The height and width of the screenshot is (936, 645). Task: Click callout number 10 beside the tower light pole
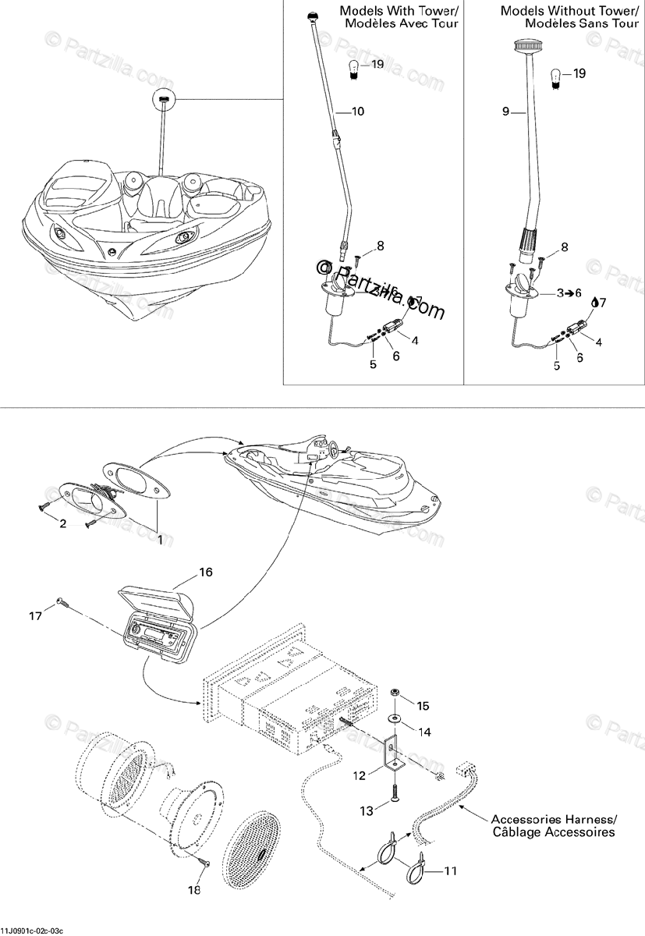coord(358,112)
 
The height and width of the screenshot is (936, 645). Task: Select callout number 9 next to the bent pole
coord(505,112)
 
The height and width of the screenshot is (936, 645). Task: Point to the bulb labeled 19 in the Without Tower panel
coord(556,76)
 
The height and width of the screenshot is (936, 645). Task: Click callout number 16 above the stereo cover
coord(205,572)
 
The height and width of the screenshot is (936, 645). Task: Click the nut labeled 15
coord(396,693)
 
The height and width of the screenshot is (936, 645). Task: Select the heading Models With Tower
coord(399,18)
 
